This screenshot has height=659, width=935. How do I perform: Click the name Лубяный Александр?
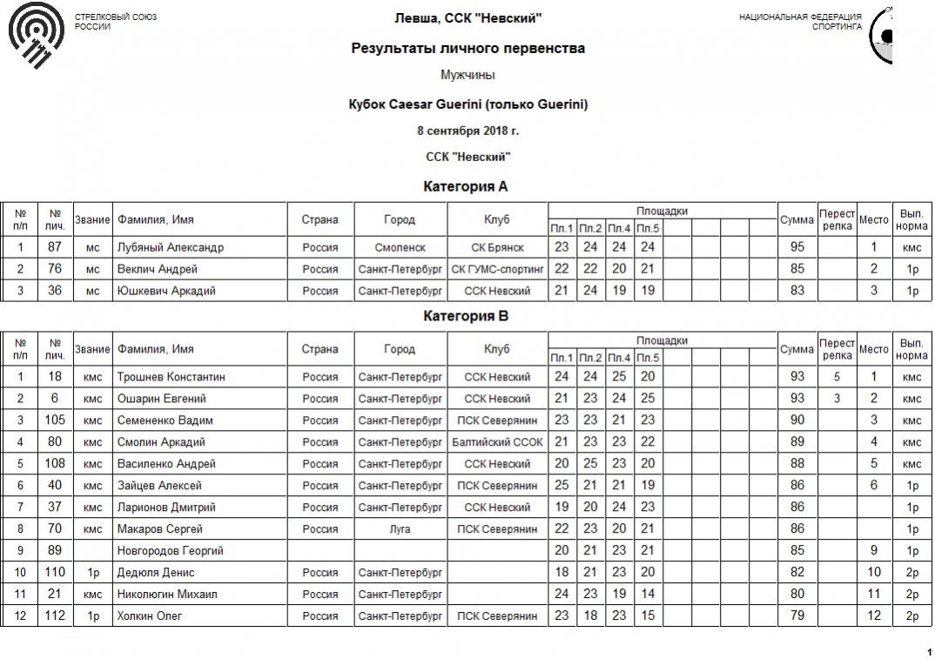pyautogui.click(x=171, y=247)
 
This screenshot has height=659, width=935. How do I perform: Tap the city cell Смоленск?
pyautogui.click(x=400, y=247)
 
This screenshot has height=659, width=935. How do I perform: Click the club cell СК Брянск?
pyautogui.click(x=497, y=247)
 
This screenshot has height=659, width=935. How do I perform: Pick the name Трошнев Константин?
pyautogui.click(x=172, y=377)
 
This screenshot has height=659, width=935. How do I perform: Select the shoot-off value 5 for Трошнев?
pyautogui.click(x=837, y=377)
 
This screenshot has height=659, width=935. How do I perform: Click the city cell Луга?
pyautogui.click(x=400, y=529)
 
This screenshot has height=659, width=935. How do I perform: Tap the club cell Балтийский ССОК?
pyautogui.click(x=497, y=442)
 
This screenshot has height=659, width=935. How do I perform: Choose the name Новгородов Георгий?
pyautogui.click(x=171, y=551)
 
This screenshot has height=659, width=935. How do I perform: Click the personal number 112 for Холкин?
pyautogui.click(x=55, y=616)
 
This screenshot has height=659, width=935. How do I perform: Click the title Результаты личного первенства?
pyautogui.click(x=467, y=49)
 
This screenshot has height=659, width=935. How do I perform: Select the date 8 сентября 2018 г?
pyautogui.click(x=467, y=131)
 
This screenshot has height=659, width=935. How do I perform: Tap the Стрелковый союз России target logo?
pyautogui.click(x=36, y=36)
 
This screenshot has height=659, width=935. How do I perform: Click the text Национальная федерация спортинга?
pyautogui.click(x=800, y=22)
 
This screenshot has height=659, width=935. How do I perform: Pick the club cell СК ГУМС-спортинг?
pyautogui.click(x=497, y=269)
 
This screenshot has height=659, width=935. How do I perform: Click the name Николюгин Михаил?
pyautogui.click(x=167, y=595)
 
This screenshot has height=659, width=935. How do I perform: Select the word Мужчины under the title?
pyautogui.click(x=467, y=76)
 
